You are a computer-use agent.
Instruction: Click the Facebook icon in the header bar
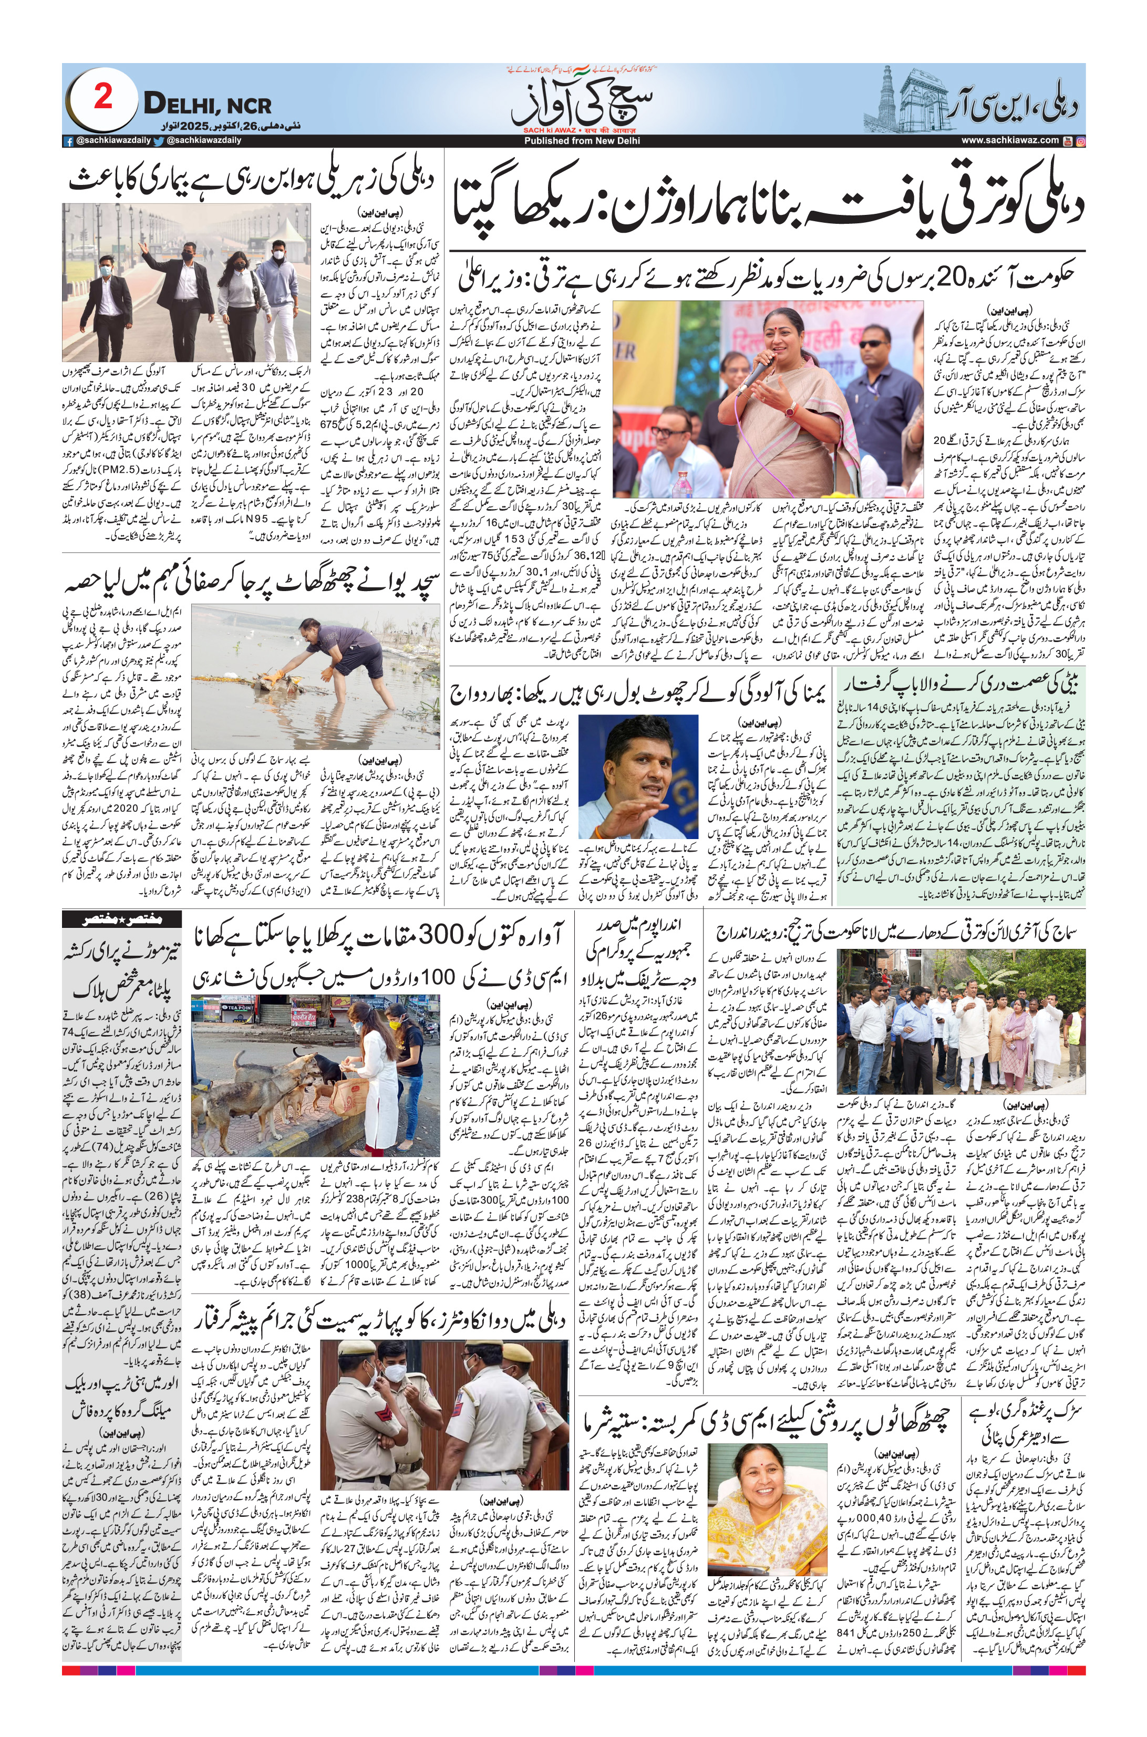(x=68, y=140)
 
